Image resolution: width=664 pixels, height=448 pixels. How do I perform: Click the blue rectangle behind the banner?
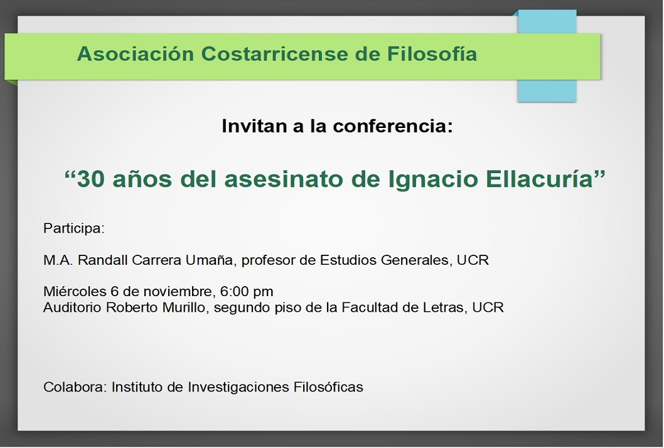[x=547, y=56]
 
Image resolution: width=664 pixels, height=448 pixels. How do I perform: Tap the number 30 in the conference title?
[x=90, y=179]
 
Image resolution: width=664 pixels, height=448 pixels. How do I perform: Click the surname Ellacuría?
[x=539, y=179]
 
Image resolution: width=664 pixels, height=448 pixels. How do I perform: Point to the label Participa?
[x=73, y=228]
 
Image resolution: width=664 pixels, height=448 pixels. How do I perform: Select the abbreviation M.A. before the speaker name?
[x=58, y=260]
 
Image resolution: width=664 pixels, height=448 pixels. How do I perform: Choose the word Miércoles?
[x=75, y=291]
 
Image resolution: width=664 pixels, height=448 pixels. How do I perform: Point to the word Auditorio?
[x=72, y=307]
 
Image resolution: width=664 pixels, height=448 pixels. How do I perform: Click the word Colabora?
[x=75, y=387]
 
